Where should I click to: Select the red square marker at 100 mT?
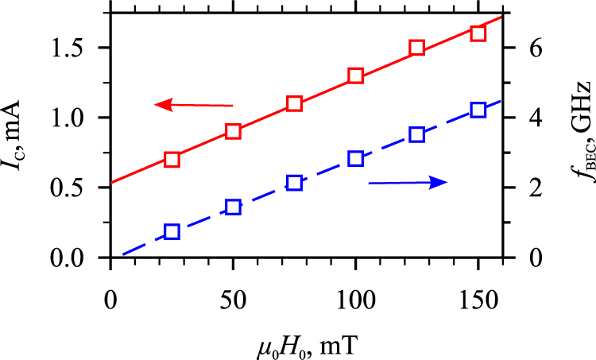pos(355,76)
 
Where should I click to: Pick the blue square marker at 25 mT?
pos(172,232)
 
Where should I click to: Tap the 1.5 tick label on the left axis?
pos(77,48)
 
